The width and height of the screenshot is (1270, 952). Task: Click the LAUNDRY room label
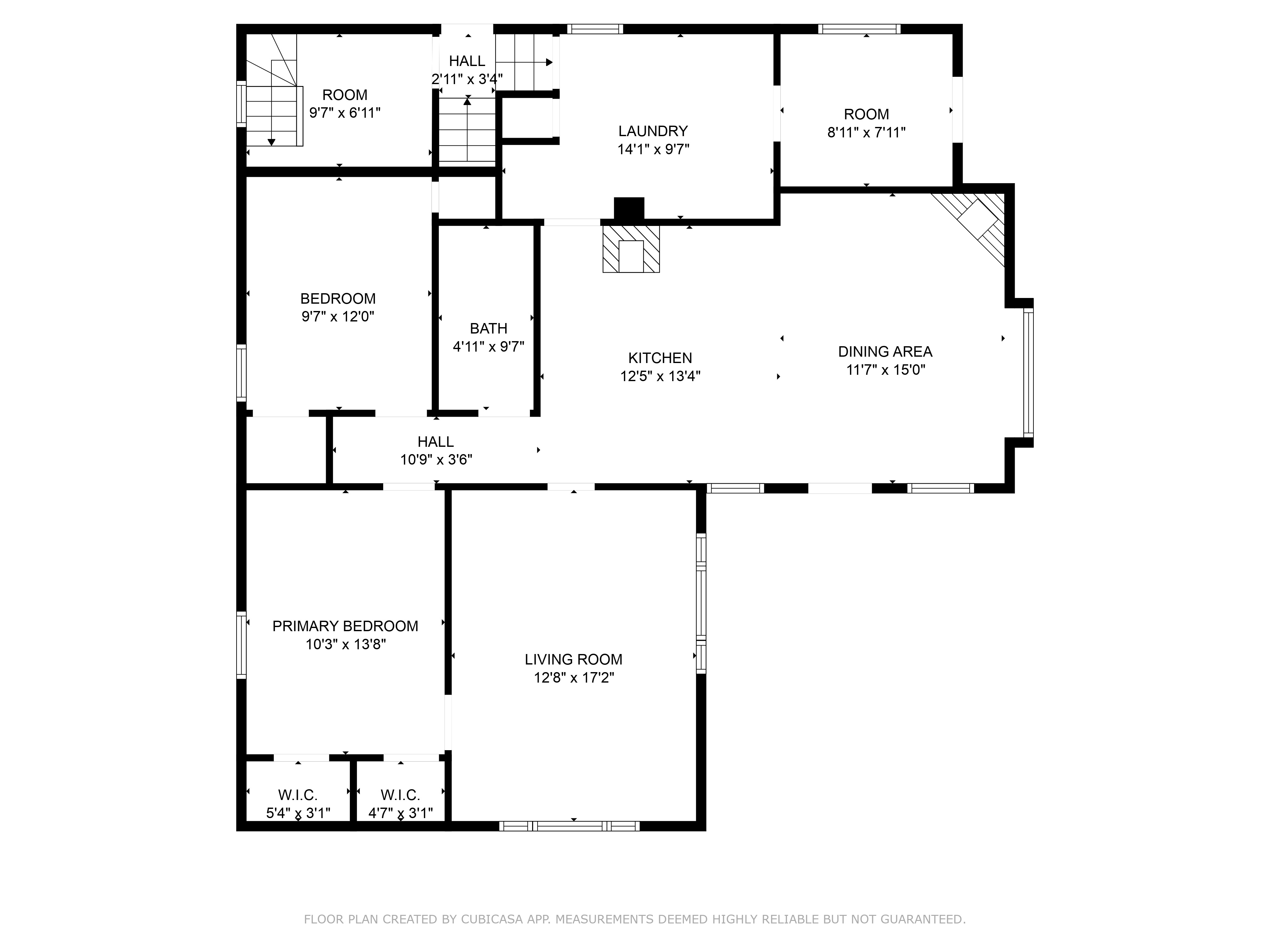point(653,131)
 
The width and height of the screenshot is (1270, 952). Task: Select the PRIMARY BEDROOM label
point(345,626)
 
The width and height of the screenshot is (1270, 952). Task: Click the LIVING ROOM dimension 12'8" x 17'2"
point(574,678)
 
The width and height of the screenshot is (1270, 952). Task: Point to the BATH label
point(489,328)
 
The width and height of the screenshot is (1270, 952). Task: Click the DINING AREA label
point(885,351)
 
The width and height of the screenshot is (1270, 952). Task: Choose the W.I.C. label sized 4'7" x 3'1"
point(400,795)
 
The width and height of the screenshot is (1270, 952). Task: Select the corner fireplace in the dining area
point(976,224)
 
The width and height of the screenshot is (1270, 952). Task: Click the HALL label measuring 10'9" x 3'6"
point(436,442)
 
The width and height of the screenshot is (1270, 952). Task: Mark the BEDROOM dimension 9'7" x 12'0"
point(338,316)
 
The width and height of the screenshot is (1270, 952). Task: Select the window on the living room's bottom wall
point(569,826)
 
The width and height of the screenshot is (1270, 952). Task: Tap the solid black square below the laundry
point(629,208)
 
